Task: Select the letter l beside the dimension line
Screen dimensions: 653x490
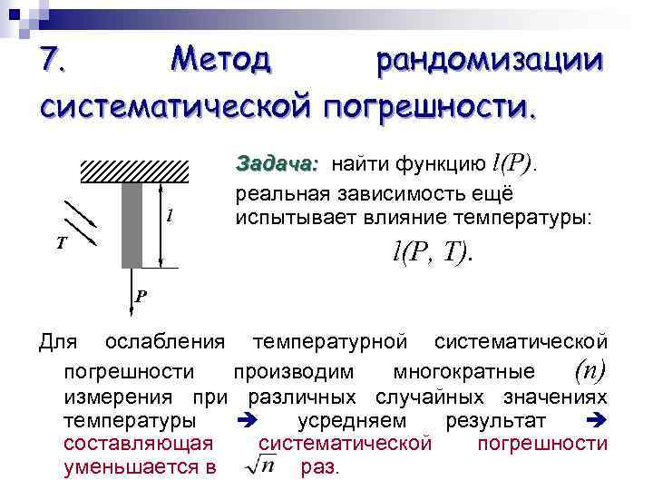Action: click(x=170, y=217)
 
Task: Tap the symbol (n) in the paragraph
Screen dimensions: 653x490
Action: click(x=590, y=370)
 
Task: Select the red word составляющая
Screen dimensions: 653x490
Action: click(x=138, y=444)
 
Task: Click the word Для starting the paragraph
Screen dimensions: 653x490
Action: click(x=59, y=342)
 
